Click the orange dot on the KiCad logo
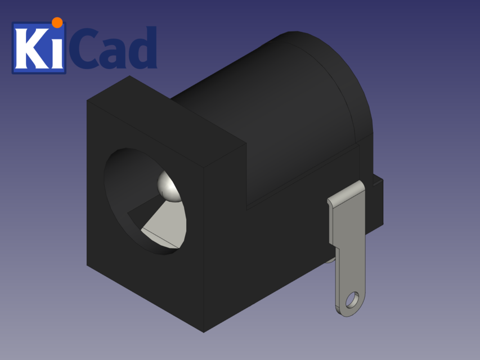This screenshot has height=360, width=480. [57, 22]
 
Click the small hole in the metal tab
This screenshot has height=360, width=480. [352, 299]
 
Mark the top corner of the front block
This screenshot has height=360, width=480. [129, 77]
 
